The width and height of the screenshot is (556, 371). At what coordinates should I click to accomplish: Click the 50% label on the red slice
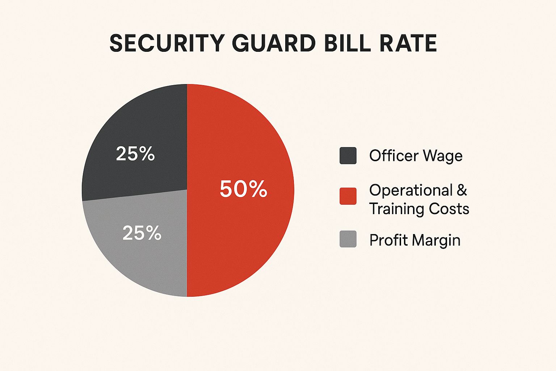[x=243, y=189]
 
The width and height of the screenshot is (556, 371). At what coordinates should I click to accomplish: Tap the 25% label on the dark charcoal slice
[x=135, y=154]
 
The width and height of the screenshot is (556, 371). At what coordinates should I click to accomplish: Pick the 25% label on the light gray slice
[x=142, y=233]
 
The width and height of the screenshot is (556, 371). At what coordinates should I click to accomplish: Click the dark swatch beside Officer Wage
[x=348, y=156]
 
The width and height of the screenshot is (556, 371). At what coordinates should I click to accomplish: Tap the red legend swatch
[x=348, y=196]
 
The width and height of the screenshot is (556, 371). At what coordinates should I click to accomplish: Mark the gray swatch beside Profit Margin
[x=348, y=239]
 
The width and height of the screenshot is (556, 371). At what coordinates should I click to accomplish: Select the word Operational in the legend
[x=411, y=191]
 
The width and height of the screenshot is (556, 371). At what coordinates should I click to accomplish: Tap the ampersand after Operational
[x=462, y=191]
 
